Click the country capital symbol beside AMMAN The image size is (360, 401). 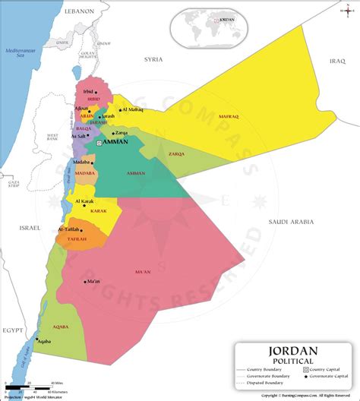coord(99,142)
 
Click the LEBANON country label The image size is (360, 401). coord(78,11)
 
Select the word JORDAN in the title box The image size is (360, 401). coord(294,352)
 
